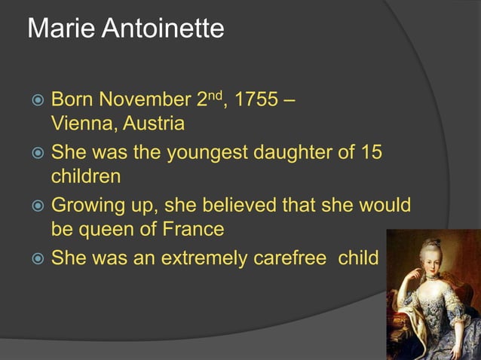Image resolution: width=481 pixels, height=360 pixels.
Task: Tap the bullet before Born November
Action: (x=37, y=99)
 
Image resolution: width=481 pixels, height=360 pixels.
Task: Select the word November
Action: (x=142, y=99)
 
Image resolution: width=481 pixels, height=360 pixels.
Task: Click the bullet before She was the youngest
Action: (x=37, y=153)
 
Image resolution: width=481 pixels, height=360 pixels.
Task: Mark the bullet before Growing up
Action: (x=37, y=206)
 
